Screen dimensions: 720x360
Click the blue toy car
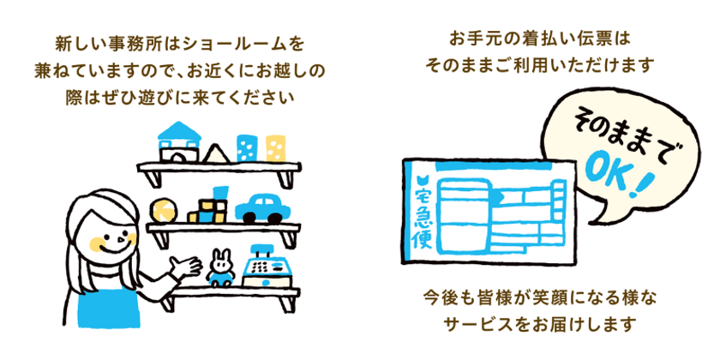pyautogui.click(x=262, y=209)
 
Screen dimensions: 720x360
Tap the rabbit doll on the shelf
pyautogui.click(x=221, y=268)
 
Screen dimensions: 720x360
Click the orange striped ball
pyautogui.click(x=162, y=210)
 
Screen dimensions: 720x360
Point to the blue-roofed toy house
pyautogui.click(x=179, y=141)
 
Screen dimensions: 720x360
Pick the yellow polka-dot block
pyautogui.click(x=275, y=148)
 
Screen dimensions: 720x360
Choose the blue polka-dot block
pyautogui.click(x=247, y=147)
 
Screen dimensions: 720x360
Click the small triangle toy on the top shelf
pyautogui.click(x=216, y=153)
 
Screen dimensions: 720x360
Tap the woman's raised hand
pyautogui.click(x=186, y=267)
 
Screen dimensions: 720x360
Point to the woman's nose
pyautogui.click(x=121, y=239)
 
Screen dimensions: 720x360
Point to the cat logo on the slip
pyautogui.click(x=422, y=179)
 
